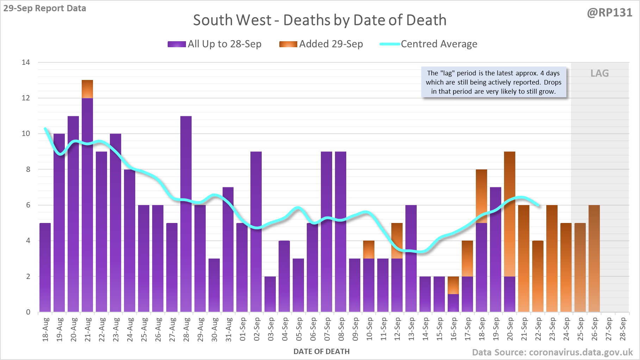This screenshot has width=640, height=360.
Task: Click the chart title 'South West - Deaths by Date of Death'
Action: point(319,20)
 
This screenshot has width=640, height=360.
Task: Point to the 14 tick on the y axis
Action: point(26,63)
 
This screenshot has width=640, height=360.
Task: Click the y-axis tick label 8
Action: point(28,169)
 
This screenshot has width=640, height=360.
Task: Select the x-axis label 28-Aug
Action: point(186,329)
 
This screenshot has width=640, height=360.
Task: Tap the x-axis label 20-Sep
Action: point(510,329)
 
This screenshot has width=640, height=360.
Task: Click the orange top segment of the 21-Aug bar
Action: point(87,89)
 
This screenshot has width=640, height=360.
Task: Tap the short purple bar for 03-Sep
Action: point(270,294)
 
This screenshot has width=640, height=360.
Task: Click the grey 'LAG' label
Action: point(599,73)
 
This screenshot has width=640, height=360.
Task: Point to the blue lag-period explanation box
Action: point(493,82)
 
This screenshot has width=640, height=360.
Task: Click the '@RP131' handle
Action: point(609,13)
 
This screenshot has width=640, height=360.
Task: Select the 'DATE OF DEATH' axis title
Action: point(321,352)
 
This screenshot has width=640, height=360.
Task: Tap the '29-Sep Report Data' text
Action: point(45,8)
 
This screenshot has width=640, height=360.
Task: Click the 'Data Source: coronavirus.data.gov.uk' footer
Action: point(552,352)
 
